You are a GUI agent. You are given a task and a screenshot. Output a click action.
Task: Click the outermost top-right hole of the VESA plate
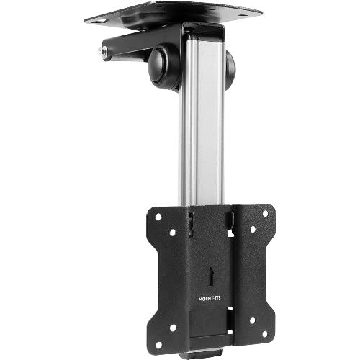[x=266, y=214]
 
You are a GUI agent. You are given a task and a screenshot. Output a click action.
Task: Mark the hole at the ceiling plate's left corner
[x=91, y=19]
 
